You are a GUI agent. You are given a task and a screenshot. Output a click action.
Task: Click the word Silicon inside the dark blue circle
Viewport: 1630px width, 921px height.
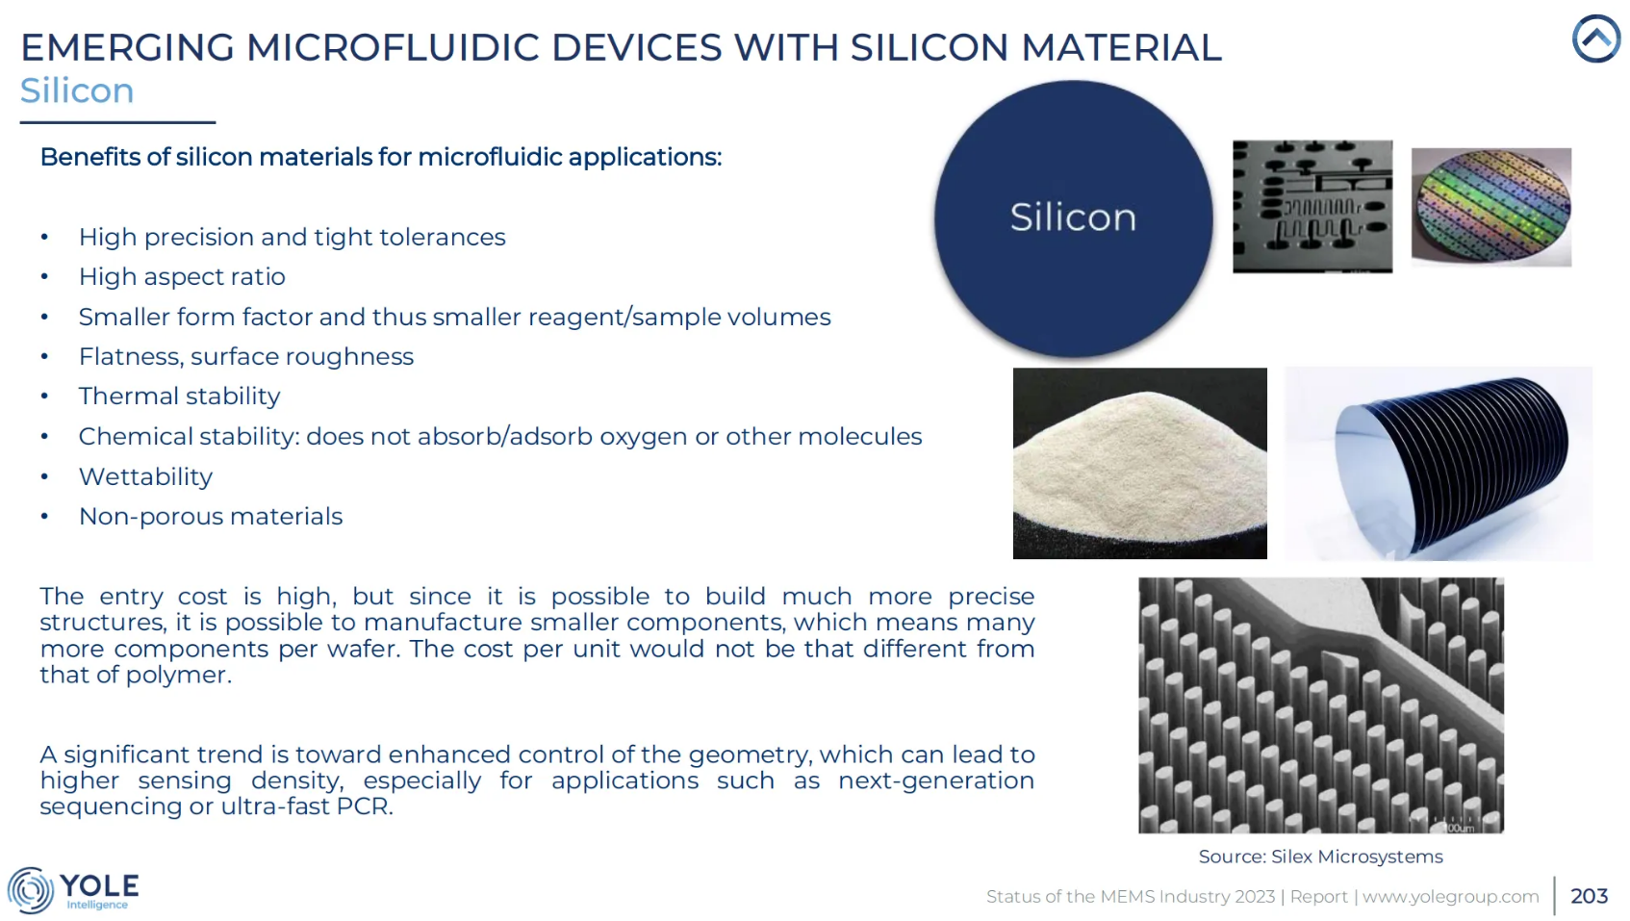(x=1073, y=217)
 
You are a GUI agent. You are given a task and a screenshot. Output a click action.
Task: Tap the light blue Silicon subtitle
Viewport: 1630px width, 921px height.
(x=77, y=91)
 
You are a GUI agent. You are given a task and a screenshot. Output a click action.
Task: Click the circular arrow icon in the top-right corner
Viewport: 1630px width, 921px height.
(x=1595, y=38)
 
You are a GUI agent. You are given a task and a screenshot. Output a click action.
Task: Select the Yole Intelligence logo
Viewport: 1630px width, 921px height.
(x=73, y=889)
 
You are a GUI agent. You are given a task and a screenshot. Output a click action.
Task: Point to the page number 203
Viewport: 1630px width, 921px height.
(x=1589, y=896)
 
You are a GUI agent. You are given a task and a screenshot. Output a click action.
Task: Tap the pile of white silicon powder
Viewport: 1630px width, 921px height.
(x=1139, y=466)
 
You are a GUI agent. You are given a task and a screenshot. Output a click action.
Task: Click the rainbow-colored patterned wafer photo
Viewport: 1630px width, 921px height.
(x=1491, y=207)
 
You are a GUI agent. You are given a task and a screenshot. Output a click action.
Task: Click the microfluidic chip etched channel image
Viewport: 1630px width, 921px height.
(x=1312, y=207)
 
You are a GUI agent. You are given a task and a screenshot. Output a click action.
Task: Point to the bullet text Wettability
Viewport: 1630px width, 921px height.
(x=145, y=476)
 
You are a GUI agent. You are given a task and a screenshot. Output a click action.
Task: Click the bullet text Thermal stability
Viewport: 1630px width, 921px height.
(x=179, y=397)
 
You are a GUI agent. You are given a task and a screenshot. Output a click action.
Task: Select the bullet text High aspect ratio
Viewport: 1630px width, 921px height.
(x=182, y=276)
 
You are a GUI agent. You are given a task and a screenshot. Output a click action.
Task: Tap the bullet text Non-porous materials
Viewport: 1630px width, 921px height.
(x=211, y=516)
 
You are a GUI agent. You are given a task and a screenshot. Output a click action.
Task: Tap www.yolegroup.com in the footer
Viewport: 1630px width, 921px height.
(x=1450, y=896)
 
